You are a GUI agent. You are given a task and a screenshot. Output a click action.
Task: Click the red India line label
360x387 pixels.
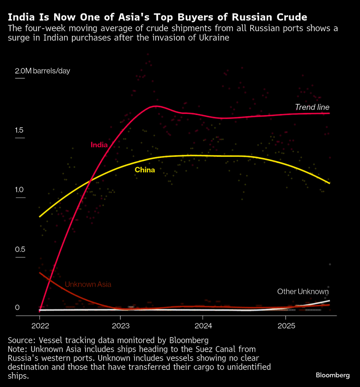pyautogui.click(x=99, y=145)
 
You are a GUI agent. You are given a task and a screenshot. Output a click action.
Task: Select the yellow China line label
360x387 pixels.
pyautogui.click(x=145, y=170)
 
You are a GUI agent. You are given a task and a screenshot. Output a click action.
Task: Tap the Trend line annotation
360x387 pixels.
pyautogui.click(x=312, y=107)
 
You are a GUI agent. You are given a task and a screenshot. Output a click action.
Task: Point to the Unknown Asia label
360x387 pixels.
pyautogui.click(x=88, y=284)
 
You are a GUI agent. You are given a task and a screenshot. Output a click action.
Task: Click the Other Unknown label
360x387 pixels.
pyautogui.click(x=303, y=291)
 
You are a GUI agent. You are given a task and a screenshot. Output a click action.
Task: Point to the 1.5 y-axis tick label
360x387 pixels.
pyautogui.click(x=19, y=130)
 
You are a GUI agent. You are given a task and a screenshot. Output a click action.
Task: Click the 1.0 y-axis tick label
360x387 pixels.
pyautogui.click(x=20, y=190)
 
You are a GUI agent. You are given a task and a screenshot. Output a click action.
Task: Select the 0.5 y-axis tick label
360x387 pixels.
pyautogui.click(x=20, y=250)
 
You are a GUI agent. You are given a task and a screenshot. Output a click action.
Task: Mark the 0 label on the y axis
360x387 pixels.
pyautogui.click(x=17, y=308)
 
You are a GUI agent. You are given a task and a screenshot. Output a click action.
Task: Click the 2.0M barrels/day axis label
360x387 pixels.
pyautogui.click(x=43, y=71)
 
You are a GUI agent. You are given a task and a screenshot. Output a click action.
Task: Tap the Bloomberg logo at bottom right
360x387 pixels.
pyautogui.click(x=333, y=375)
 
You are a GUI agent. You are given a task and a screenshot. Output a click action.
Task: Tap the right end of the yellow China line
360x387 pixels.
pyautogui.click(x=329, y=183)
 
